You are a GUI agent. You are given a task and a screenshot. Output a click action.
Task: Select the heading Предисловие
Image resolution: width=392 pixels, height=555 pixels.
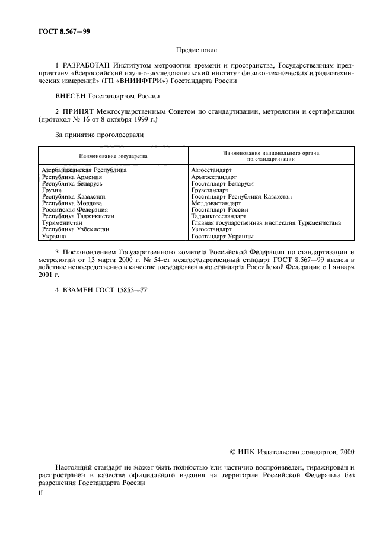[196, 52]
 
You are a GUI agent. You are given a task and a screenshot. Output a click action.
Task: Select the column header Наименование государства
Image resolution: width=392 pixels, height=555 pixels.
[113, 155]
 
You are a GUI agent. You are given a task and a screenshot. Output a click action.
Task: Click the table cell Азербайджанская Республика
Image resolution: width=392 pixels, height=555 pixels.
[84, 170]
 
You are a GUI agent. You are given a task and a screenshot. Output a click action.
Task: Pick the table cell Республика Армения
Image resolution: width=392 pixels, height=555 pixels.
[72, 177]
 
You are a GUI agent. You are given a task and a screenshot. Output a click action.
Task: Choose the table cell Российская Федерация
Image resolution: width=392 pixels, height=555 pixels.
[75, 209]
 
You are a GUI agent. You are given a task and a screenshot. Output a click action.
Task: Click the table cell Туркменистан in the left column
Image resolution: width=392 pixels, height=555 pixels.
[62, 223]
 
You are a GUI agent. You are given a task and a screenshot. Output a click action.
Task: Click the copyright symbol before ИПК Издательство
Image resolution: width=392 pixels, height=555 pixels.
[233, 452]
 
